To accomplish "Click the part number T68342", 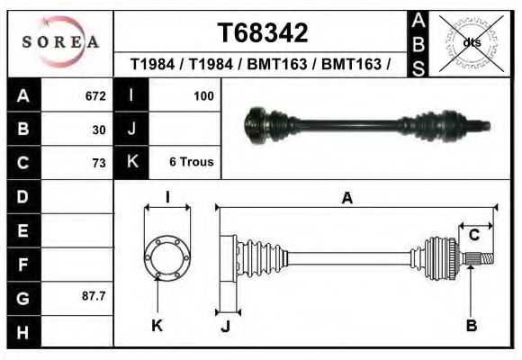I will (x=263, y=33).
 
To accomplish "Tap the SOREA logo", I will (x=59, y=42).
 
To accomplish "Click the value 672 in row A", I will (x=95, y=95).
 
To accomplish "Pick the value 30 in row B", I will (x=99, y=130).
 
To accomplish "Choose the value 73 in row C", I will (x=99, y=163).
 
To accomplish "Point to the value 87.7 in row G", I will (x=94, y=296).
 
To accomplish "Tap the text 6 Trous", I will (x=191, y=163).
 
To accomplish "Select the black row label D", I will (x=22, y=196).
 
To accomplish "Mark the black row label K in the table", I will (x=132, y=163).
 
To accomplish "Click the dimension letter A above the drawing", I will (x=346, y=199).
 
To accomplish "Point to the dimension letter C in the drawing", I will (x=473, y=235).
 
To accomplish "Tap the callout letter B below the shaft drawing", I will (x=471, y=325).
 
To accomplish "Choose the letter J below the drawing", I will (x=226, y=326).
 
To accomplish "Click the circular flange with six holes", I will (x=166, y=256).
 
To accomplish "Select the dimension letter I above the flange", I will (x=166, y=197).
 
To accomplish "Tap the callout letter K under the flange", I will (x=157, y=325).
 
